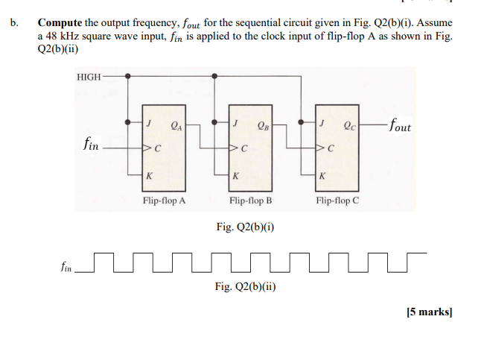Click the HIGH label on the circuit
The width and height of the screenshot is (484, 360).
[x=89, y=76]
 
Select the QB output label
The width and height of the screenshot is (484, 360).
[x=262, y=125]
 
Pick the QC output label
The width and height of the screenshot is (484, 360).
[x=348, y=125]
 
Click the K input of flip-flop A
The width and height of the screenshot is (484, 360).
[x=150, y=177]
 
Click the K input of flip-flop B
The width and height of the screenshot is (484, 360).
[x=236, y=177]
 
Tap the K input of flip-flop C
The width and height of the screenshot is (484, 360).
[x=322, y=177]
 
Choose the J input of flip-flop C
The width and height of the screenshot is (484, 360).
[x=322, y=123]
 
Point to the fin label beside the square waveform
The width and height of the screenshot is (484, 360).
[x=68, y=267]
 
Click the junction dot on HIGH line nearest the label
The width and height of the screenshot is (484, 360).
[x=129, y=76]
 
